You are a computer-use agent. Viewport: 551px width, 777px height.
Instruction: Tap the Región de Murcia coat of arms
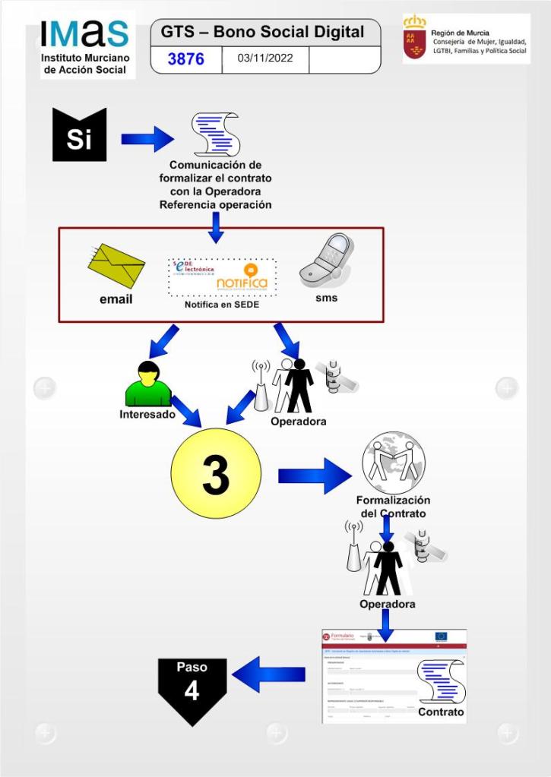pyautogui.click(x=414, y=38)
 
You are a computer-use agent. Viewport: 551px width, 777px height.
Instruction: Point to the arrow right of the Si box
pyautogui.click(x=147, y=139)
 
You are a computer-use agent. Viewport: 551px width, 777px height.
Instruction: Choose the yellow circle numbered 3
pyautogui.click(x=216, y=474)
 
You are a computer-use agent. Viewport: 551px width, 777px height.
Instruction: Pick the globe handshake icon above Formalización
pyautogui.click(x=393, y=463)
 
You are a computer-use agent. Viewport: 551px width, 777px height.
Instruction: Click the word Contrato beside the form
pyautogui.click(x=441, y=712)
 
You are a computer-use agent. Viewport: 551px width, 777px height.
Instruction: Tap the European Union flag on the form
pyautogui.click(x=441, y=636)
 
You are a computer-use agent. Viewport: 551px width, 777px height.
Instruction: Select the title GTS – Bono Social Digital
pyautogui.click(x=263, y=33)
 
